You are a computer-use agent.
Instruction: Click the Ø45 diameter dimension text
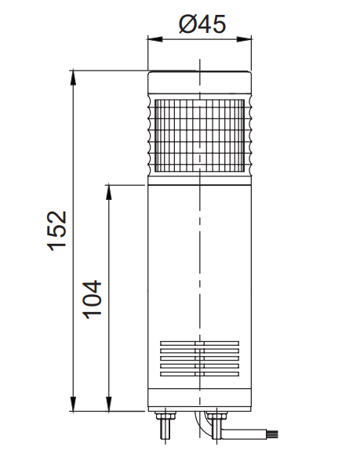point(202,24)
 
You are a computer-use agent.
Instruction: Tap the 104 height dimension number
point(92,298)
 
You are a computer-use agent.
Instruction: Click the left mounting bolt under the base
point(165,427)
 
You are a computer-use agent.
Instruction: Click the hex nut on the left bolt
point(165,417)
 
